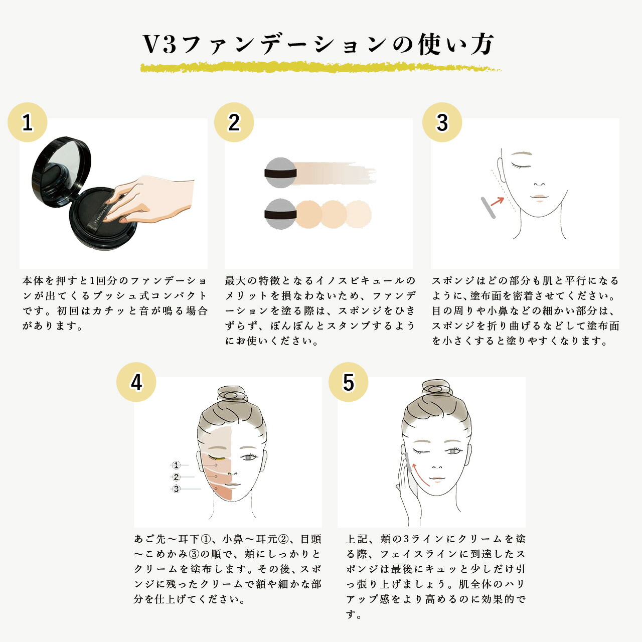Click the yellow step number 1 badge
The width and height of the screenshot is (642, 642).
(x=28, y=122)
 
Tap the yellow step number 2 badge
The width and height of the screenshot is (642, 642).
(x=234, y=122)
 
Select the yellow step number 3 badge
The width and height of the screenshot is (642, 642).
(x=442, y=122)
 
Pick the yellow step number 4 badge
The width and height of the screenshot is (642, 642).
(x=136, y=382)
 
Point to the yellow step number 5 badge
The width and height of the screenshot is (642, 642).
(x=349, y=382)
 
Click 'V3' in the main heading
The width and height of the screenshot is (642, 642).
(x=159, y=45)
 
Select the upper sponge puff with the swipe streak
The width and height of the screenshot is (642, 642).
(x=280, y=173)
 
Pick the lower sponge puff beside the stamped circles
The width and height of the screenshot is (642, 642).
(x=280, y=214)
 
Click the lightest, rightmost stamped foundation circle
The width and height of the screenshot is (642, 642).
(x=358, y=214)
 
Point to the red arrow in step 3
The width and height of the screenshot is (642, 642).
(x=497, y=201)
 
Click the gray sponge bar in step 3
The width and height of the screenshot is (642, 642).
(x=488, y=208)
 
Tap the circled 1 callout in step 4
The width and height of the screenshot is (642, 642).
(x=176, y=465)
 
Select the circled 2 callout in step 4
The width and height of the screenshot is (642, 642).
(x=176, y=477)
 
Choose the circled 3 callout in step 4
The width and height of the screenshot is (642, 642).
(x=176, y=489)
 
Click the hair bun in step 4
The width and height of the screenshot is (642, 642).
(x=233, y=394)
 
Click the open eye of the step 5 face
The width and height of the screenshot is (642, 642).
(x=454, y=451)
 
